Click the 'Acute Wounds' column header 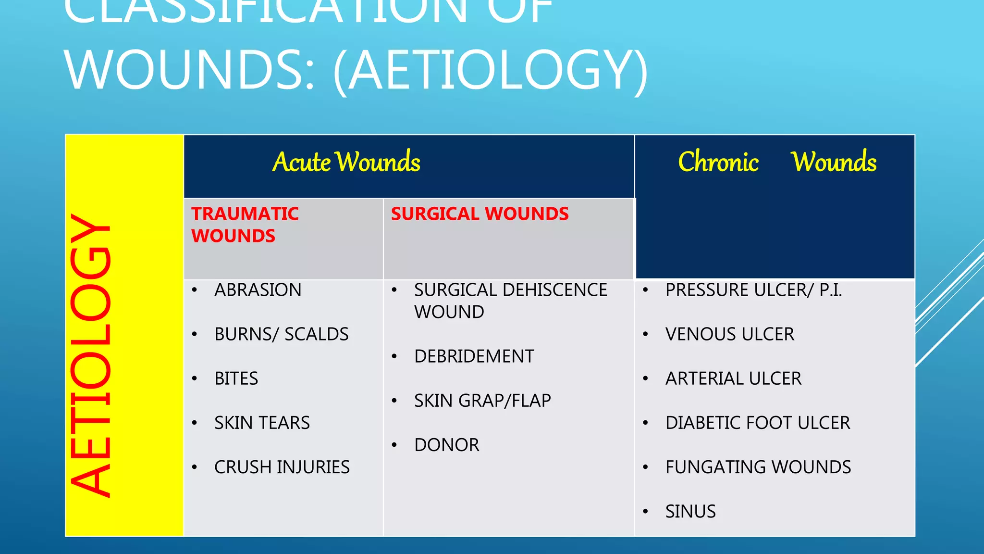(x=346, y=162)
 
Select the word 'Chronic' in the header (x=718, y=162)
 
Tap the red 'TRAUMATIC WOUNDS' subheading (x=245, y=225)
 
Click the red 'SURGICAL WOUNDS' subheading (x=480, y=214)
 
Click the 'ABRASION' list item (x=258, y=290)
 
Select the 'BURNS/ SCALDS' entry (x=281, y=334)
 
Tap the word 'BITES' (x=236, y=378)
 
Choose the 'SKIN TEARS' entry (x=262, y=423)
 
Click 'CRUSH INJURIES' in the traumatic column (x=282, y=467)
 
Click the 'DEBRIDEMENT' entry (x=474, y=356)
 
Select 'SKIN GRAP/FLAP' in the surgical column (x=482, y=401)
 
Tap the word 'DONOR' (x=446, y=445)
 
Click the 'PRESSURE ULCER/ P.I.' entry (x=753, y=290)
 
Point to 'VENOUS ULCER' (x=729, y=334)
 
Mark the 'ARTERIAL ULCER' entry (x=733, y=378)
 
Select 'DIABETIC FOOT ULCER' (x=757, y=423)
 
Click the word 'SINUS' (x=690, y=511)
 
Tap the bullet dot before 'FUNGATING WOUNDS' (x=646, y=467)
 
